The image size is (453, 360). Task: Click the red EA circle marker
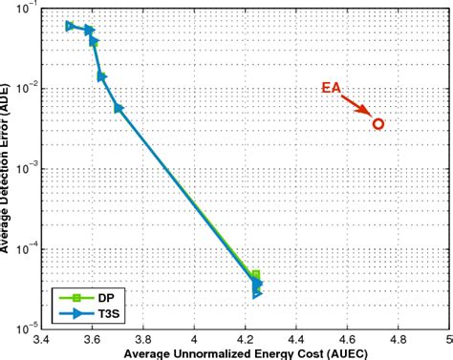[x=378, y=124]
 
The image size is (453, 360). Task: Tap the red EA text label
[x=331, y=89]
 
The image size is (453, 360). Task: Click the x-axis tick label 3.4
[x=41, y=339]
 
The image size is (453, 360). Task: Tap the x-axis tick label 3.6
[x=92, y=339]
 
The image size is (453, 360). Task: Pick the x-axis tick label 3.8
[x=143, y=339]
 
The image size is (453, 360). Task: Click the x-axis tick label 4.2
[x=246, y=339]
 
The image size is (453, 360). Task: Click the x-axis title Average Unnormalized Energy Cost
[x=245, y=352]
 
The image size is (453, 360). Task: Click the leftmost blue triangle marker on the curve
[x=70, y=27]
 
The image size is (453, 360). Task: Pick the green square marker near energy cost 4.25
[x=255, y=275]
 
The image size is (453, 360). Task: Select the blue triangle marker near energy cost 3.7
[x=119, y=109]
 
